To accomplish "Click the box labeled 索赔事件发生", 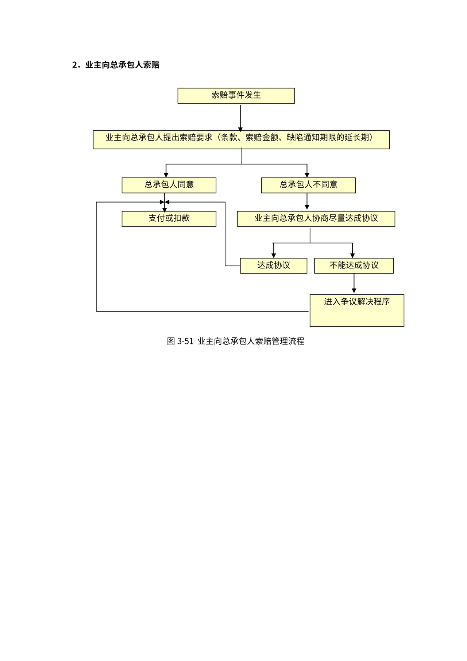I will (x=236, y=96).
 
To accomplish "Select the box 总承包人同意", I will (x=169, y=185).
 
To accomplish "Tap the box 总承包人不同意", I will (x=308, y=185).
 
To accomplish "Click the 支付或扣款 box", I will (x=169, y=219).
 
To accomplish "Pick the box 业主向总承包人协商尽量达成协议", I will (x=316, y=219).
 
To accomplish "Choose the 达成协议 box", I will (x=274, y=265).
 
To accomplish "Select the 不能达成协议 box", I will (x=354, y=265).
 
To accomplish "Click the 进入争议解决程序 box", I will (x=357, y=310).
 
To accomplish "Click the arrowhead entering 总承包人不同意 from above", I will (x=307, y=175).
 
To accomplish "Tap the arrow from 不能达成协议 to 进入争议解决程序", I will (x=354, y=283).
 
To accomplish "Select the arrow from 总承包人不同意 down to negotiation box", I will (x=307, y=201).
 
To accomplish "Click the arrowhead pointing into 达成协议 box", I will (x=274, y=255).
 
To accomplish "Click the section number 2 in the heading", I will (x=75, y=65).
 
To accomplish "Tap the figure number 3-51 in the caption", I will (x=185, y=341).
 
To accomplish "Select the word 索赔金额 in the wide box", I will (x=262, y=138).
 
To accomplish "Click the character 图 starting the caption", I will (x=171, y=341).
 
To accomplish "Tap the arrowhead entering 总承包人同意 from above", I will (x=166, y=175).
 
